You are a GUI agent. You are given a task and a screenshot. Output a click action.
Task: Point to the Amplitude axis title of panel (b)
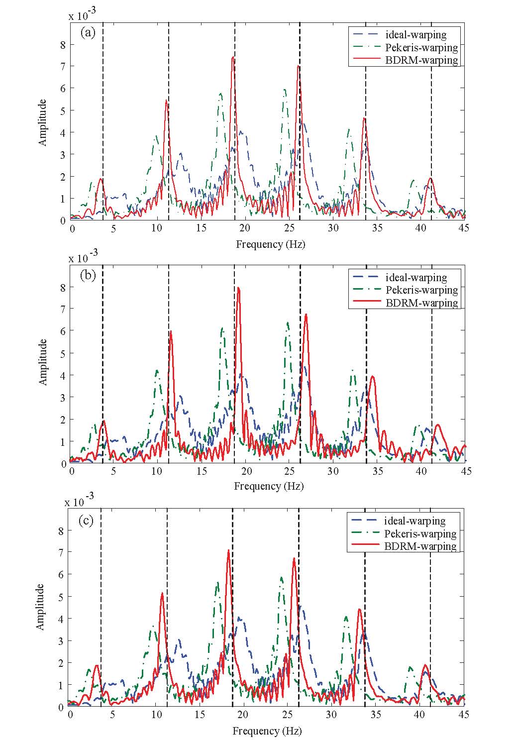click(43, 362)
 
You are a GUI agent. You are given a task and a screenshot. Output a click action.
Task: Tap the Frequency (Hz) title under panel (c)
click(267, 731)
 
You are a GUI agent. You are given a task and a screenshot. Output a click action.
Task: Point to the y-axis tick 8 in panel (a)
click(63, 44)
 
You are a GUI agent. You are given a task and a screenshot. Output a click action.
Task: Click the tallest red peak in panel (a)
click(232, 58)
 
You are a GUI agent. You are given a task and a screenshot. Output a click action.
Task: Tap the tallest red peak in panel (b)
click(238, 288)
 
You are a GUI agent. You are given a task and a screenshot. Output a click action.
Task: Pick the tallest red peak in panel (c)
click(228, 550)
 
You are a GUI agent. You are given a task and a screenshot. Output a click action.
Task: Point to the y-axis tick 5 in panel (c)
click(61, 597)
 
